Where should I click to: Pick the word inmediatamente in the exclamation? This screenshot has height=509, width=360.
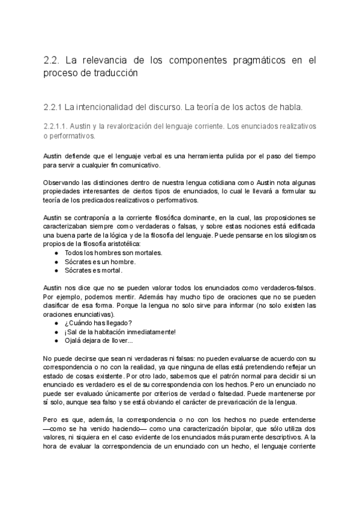click(x=152, y=332)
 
